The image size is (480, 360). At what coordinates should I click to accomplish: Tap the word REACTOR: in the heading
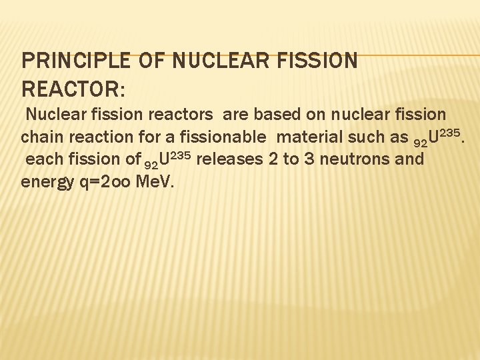(73, 89)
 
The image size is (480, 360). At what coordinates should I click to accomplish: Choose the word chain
(41, 137)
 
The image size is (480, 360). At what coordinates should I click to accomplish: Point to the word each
(45, 159)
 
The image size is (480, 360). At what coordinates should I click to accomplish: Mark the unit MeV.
(155, 181)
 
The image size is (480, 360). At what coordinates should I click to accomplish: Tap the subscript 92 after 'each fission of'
(152, 163)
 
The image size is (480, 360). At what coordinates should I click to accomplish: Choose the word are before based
(235, 115)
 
